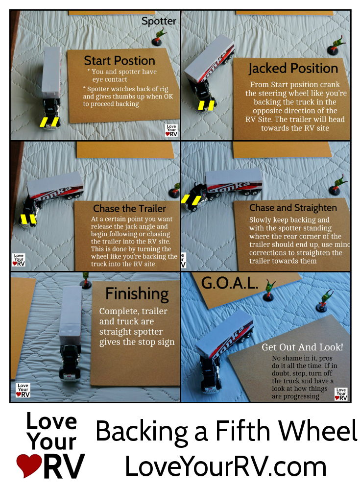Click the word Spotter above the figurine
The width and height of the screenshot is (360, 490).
point(159,21)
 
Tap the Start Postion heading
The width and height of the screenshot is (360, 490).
point(120,60)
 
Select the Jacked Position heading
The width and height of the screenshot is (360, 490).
point(293,69)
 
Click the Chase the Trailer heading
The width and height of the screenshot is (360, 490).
point(130,208)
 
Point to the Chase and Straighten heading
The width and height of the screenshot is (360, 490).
point(293,208)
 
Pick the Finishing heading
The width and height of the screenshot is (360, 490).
point(137,294)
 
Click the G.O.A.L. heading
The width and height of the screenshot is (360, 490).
point(230,283)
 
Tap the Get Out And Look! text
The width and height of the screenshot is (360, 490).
point(302,347)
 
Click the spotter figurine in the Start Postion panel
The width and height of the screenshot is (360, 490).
point(159,37)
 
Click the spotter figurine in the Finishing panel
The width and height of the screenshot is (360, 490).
point(85,280)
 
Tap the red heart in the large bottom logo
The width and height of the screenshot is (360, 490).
point(29,465)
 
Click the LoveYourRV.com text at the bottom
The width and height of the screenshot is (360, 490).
point(226,466)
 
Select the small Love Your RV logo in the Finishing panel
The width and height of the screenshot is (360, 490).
point(23,391)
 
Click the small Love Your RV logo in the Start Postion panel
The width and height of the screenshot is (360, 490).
point(171,131)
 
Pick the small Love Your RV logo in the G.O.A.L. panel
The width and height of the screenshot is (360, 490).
point(341,394)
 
